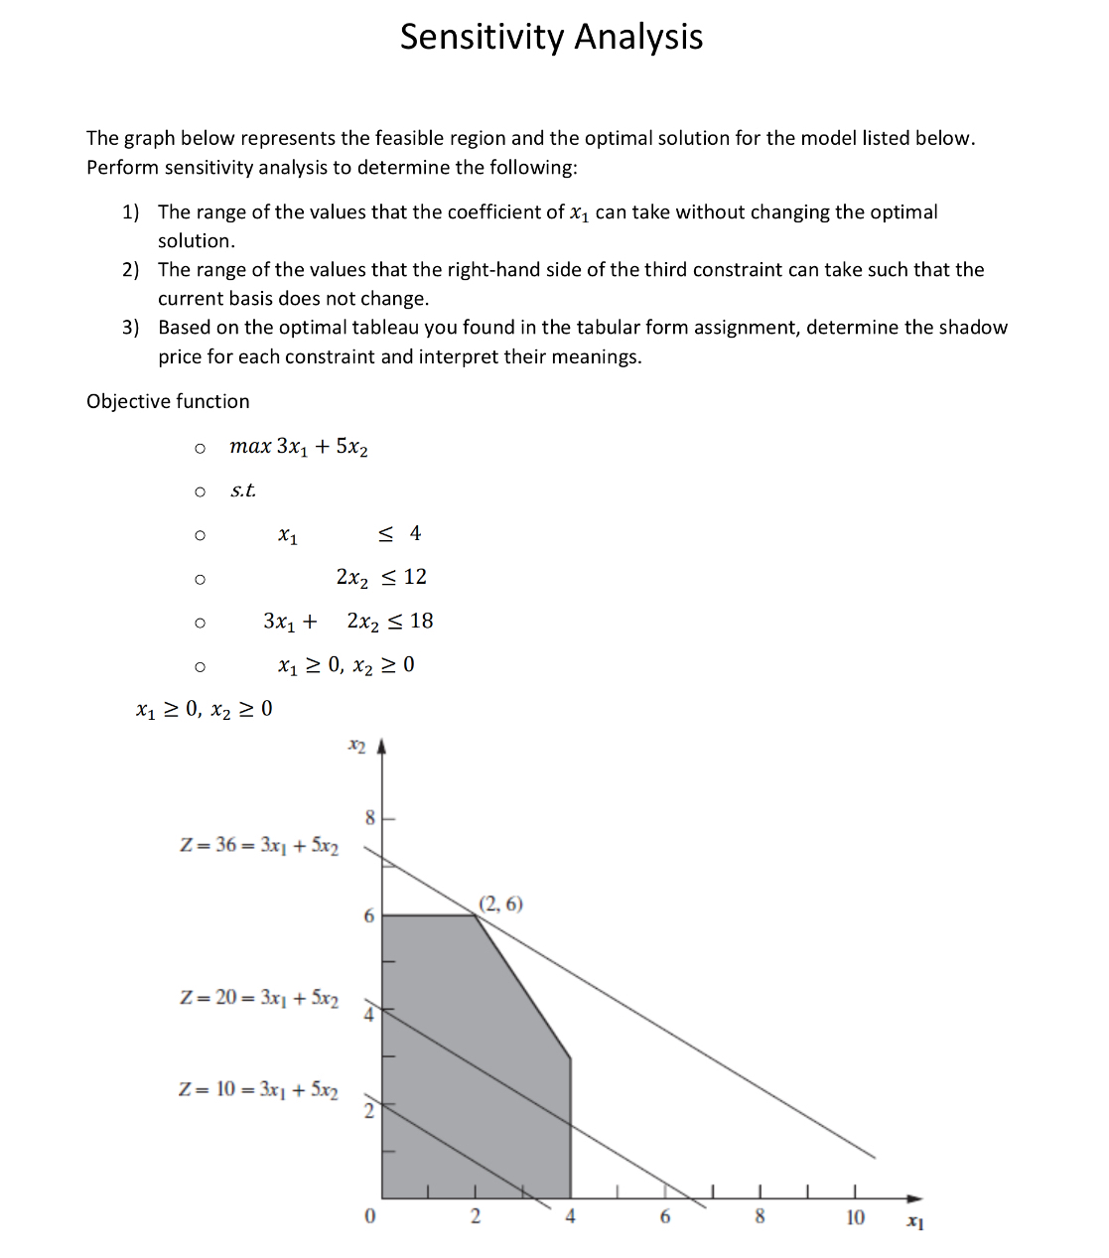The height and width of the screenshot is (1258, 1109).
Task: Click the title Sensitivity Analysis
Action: [551, 37]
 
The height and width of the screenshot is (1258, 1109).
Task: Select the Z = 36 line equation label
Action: [259, 846]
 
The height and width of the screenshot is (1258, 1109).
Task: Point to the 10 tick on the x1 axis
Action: [855, 1217]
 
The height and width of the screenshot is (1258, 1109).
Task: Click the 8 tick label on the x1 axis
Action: [760, 1217]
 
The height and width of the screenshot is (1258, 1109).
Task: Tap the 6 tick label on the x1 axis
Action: [665, 1217]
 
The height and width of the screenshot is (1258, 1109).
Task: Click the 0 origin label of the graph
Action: [369, 1217]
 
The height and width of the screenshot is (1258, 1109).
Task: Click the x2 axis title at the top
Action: [356, 744]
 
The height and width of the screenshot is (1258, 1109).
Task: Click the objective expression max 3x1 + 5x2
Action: [299, 447]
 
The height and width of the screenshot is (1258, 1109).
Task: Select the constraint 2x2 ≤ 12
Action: [381, 577]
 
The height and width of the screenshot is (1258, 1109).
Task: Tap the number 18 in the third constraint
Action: [421, 622]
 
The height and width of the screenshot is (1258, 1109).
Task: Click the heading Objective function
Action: [168, 401]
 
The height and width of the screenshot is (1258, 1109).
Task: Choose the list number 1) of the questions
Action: [130, 211]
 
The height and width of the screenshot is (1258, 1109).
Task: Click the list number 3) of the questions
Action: [130, 328]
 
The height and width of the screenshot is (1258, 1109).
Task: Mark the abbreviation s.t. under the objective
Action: [242, 490]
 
